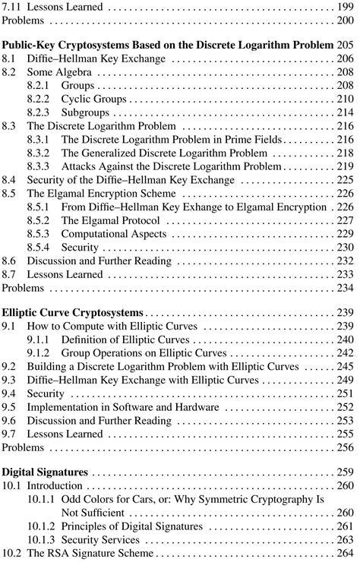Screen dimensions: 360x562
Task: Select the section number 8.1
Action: (10, 60)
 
